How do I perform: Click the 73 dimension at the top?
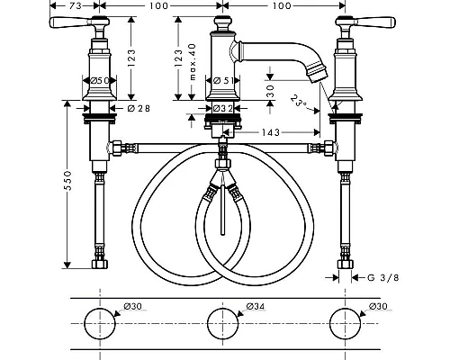click(x=75, y=5)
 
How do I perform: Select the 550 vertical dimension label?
click(x=68, y=181)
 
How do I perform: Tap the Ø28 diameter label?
click(x=139, y=108)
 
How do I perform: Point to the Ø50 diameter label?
click(x=99, y=80)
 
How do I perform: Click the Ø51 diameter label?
click(x=222, y=80)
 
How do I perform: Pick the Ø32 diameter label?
click(x=222, y=108)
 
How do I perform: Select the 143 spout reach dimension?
click(x=271, y=132)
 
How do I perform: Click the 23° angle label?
click(x=299, y=101)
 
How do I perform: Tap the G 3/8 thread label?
click(x=383, y=277)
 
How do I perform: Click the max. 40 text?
click(x=193, y=62)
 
